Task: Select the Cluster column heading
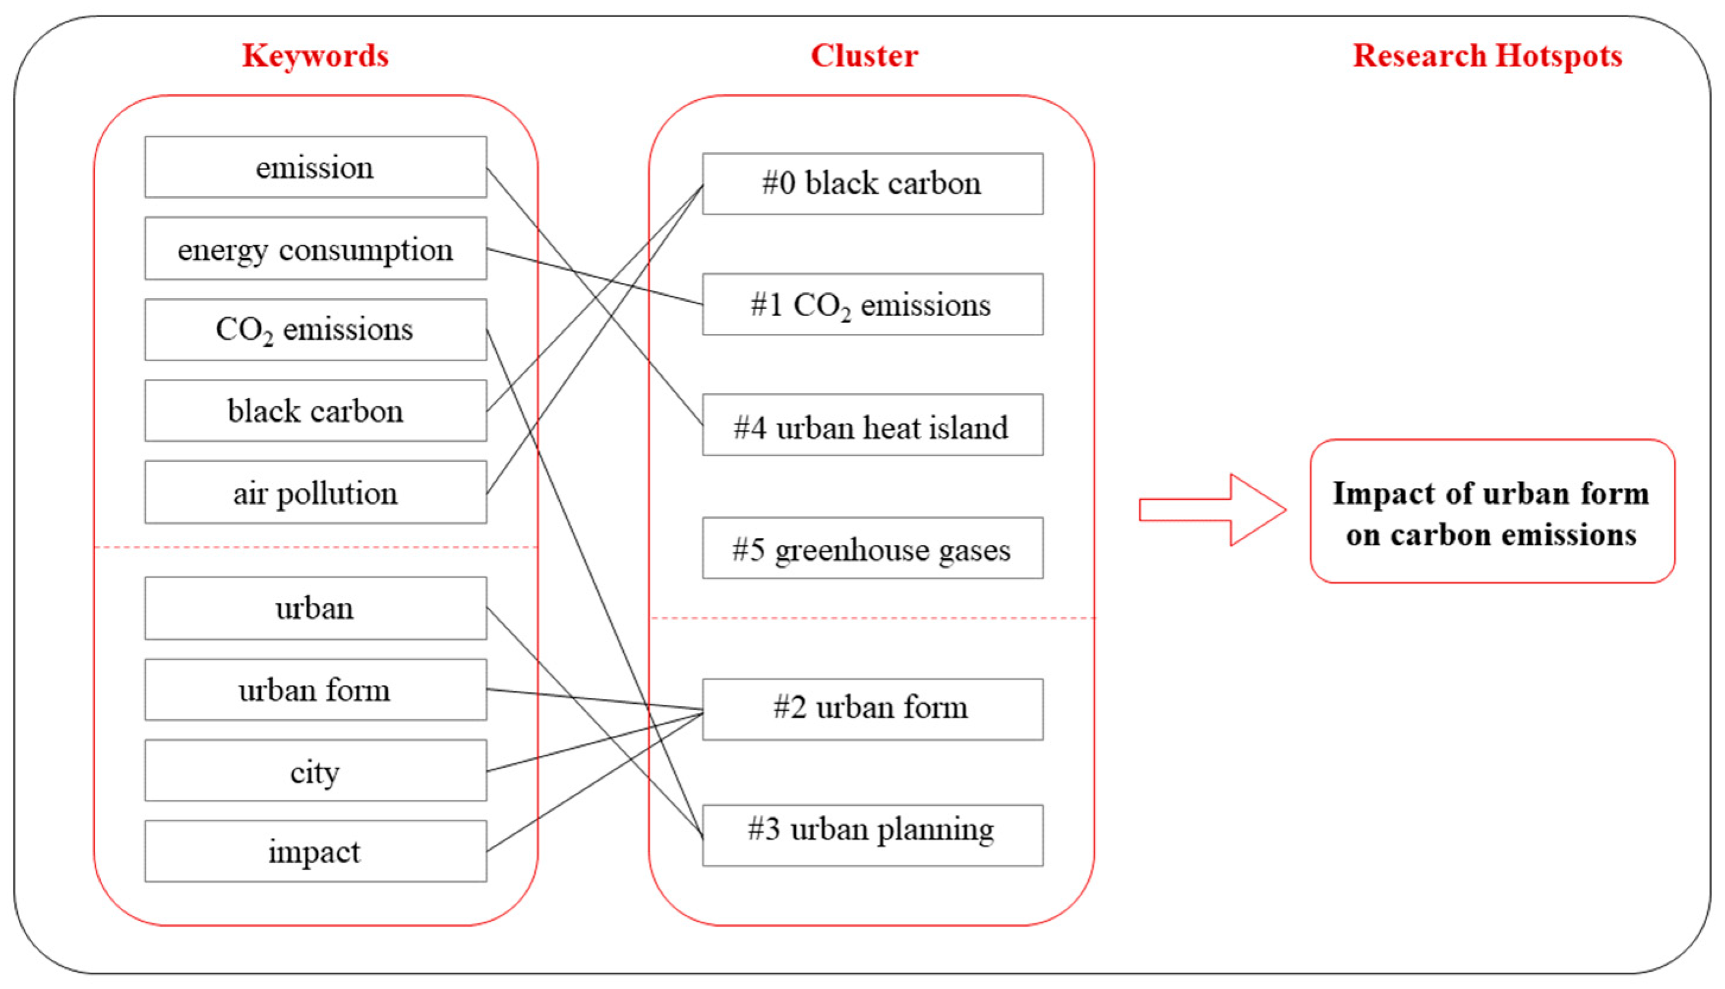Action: pyautogui.click(x=864, y=56)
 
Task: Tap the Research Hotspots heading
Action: pyautogui.click(x=1487, y=56)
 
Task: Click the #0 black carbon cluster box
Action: pyautogui.click(x=872, y=183)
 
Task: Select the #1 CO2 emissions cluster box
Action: pyautogui.click(x=872, y=304)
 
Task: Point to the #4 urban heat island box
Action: pyautogui.click(x=872, y=425)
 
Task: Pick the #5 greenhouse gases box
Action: pyautogui.click(x=872, y=548)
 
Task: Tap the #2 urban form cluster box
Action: pyautogui.click(x=872, y=709)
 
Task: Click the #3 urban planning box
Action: pyautogui.click(x=872, y=835)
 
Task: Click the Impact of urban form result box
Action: pyautogui.click(x=1491, y=512)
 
